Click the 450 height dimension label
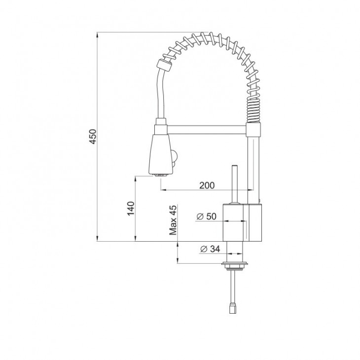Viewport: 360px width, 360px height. pos(93,137)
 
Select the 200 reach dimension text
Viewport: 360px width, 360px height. pos(207,185)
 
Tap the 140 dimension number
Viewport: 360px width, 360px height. pos(131,209)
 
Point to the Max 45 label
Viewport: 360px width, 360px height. pos(173,220)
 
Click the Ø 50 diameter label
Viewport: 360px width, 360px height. pos(207,216)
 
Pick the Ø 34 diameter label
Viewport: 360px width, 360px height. pos(210,249)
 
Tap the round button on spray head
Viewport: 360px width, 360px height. pos(174,158)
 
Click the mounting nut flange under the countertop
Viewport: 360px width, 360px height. pos(235,265)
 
